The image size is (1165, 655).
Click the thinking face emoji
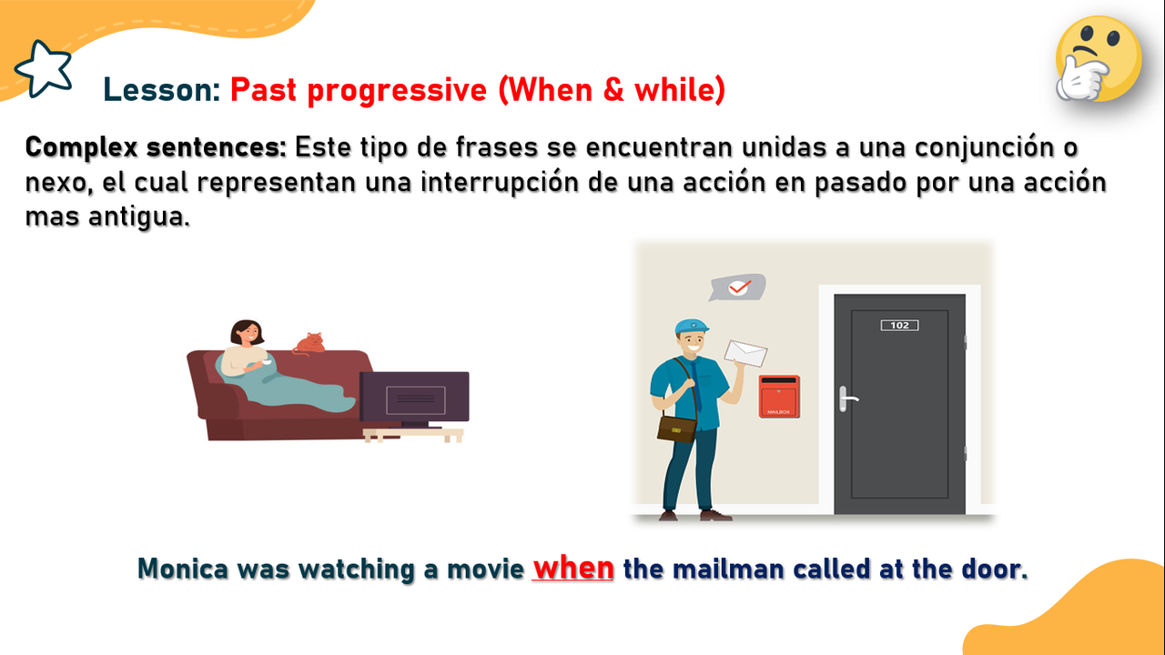click(x=1099, y=58)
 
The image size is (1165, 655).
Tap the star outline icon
click(x=44, y=68)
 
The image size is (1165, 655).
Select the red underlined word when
click(x=573, y=568)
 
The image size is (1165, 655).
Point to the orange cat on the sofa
click(x=310, y=344)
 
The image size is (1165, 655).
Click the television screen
click(x=414, y=398)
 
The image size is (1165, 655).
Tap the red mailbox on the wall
click(x=778, y=397)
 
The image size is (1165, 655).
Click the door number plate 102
click(x=899, y=326)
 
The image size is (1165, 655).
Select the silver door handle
click(x=847, y=398)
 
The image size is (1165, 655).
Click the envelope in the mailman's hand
click(x=745, y=354)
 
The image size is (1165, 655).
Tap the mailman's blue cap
click(x=691, y=327)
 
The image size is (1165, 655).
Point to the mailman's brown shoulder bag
click(x=676, y=428)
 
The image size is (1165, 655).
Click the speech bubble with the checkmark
click(x=737, y=287)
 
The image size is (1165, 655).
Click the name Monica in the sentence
click(x=183, y=569)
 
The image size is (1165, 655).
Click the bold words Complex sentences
click(x=156, y=147)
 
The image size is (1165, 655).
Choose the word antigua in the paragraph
click(x=139, y=217)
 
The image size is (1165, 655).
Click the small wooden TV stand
click(x=413, y=435)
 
